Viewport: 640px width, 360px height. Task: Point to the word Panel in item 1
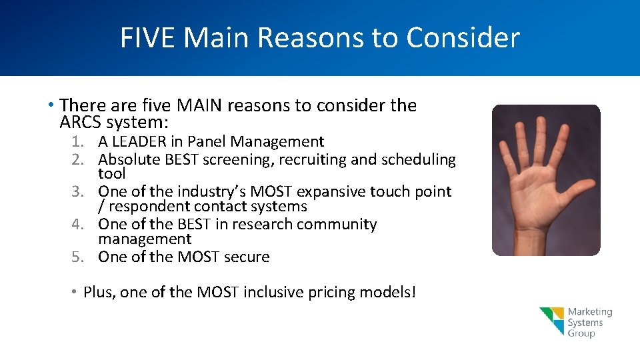pos(207,141)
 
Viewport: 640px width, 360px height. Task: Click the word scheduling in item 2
pos(418,160)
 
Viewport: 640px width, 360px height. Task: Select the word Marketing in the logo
pos(589,312)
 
